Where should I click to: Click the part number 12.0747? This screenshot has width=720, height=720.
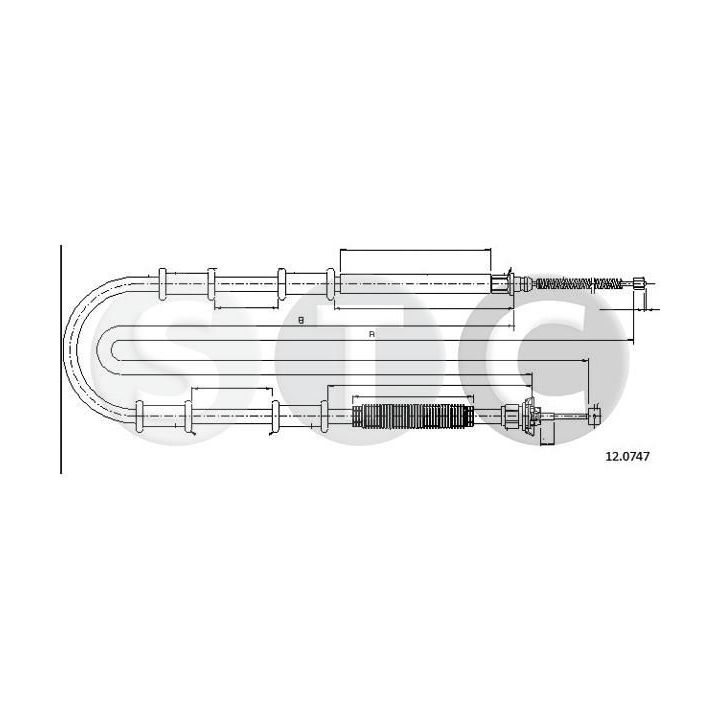click(628, 456)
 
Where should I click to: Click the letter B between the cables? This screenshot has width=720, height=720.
click(300, 320)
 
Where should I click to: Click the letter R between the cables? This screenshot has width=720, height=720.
click(371, 333)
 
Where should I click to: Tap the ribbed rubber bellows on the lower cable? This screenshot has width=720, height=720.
click(412, 414)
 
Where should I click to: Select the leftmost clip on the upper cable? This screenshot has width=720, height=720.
click(162, 284)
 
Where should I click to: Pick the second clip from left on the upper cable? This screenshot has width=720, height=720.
click(212, 284)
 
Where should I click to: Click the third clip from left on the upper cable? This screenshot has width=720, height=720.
click(282, 284)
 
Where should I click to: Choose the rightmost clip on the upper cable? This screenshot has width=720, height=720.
click(331, 284)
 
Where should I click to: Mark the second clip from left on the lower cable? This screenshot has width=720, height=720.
click(187, 414)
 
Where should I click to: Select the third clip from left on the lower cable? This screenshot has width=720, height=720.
click(274, 414)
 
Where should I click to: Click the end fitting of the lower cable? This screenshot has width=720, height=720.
click(594, 414)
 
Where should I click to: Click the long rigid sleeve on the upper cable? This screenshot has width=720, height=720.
click(414, 284)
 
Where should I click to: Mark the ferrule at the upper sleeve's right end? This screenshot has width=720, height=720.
click(500, 284)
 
